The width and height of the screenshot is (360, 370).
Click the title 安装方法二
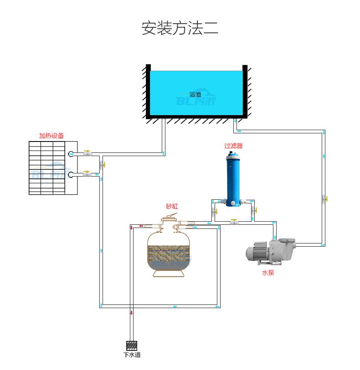click(180, 28)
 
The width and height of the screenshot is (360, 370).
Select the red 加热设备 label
click(51, 136)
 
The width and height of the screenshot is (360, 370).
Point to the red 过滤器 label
click(233, 146)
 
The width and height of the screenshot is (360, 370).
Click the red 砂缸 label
click(172, 206)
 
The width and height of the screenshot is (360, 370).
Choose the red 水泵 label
click(268, 273)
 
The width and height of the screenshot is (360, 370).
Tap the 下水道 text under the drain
click(132, 355)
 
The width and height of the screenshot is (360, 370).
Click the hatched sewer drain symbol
click(132, 345)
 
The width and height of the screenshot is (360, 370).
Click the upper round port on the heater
click(71, 154)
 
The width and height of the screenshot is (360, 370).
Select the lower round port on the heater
click(71, 174)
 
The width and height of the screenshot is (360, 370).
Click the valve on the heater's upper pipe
click(87, 154)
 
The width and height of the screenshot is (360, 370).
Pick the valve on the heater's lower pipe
click(87, 174)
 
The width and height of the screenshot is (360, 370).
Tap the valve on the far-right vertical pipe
click(324, 198)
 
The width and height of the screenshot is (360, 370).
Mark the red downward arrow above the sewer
click(132, 313)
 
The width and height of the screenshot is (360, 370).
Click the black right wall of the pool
click(245, 91)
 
